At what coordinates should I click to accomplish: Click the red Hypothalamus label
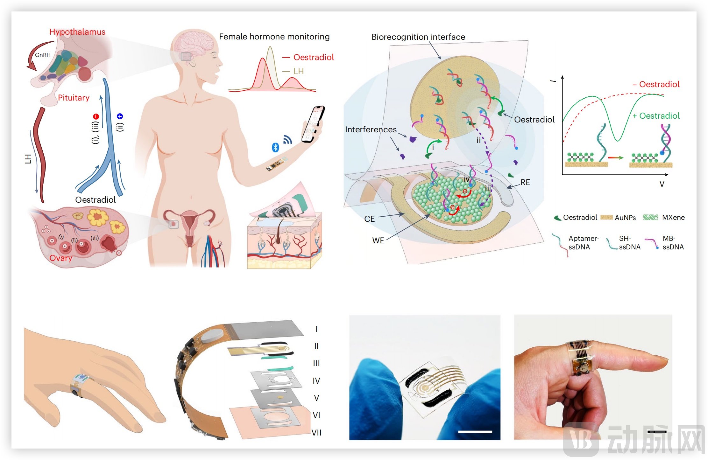pyautogui.click(x=77, y=32)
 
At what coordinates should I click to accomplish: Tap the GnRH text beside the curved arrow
pyautogui.click(x=43, y=55)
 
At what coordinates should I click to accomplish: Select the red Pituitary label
pyautogui.click(x=74, y=98)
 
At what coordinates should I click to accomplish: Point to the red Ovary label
pyautogui.click(x=60, y=258)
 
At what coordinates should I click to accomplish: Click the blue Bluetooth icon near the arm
pyautogui.click(x=275, y=147)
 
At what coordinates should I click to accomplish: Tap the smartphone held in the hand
pyautogui.click(x=313, y=124)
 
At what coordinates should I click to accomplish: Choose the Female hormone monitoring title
pyautogui.click(x=274, y=37)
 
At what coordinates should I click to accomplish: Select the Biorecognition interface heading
pyautogui.click(x=418, y=37)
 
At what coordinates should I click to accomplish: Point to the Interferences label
pyautogui.click(x=371, y=129)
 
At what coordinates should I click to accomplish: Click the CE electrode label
pyautogui.click(x=369, y=219)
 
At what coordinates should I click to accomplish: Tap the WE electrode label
pyautogui.click(x=378, y=240)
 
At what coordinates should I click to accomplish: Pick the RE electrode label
pyautogui.click(x=525, y=182)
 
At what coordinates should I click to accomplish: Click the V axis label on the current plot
pyautogui.click(x=662, y=184)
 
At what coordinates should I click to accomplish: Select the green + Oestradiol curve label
pyautogui.click(x=656, y=116)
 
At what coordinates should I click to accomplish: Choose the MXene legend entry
pyautogui.click(x=673, y=218)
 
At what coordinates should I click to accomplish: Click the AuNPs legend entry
pyautogui.click(x=625, y=218)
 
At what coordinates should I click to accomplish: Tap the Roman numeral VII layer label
pyautogui.click(x=316, y=433)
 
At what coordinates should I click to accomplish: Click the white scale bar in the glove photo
pyautogui.click(x=475, y=432)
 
